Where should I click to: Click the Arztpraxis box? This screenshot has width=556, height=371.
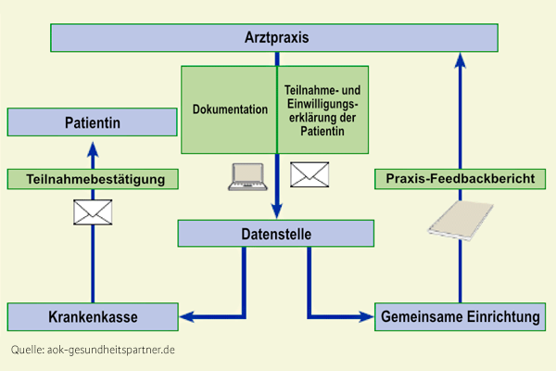coord(274,38)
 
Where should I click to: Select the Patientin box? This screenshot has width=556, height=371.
coord(92,122)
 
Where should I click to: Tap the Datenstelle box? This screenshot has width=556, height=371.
coord(276,233)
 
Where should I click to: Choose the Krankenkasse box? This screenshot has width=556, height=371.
coord(93,316)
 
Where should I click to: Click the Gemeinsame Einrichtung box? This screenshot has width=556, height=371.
coord(460,316)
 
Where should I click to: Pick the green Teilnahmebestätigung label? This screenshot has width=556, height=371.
coord(93,179)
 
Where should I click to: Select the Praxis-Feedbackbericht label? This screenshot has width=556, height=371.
coord(460,179)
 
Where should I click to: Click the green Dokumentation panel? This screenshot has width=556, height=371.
coord(229,109)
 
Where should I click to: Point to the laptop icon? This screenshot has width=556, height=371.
coord(247,177)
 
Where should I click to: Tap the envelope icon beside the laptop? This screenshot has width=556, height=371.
coord(310,174)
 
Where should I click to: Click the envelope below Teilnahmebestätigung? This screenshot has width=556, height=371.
coord(93,212)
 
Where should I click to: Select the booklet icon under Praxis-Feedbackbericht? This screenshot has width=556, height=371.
coord(461,220)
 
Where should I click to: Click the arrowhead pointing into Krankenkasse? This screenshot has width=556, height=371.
coord(187,316)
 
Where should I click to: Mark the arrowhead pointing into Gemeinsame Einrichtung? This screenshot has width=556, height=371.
coord(366,316)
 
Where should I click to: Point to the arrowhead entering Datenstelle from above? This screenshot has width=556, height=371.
coord(276,211)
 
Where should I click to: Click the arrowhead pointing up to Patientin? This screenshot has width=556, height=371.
coord(93,150)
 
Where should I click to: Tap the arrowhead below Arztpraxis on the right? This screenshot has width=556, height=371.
coord(461,60)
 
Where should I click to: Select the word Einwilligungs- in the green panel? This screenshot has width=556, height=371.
coord(322,104)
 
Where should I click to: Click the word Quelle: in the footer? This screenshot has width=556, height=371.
coord(27,350)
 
